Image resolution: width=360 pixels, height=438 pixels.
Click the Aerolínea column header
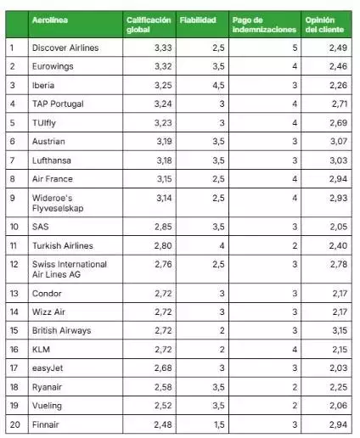coord(50,20)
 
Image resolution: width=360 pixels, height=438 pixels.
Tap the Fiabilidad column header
coord(198,20)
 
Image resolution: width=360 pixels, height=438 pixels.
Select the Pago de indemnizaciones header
coord(264,25)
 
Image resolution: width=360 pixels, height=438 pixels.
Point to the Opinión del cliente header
coord(324,25)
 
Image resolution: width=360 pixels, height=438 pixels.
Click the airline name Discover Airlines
coord(65,48)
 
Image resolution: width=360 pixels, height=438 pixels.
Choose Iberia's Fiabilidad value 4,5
coord(218,85)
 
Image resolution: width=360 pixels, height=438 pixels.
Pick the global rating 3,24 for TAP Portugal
coord(163,104)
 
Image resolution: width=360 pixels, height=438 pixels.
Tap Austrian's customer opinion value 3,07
coord(339,141)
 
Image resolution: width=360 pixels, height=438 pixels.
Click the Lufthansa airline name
coord(52,160)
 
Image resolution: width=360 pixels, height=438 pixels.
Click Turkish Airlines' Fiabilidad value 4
coord(222,245)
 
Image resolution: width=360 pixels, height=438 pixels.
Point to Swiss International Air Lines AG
coord(70,269)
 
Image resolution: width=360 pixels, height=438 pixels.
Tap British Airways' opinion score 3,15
coord(340,330)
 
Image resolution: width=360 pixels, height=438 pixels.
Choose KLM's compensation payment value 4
coord(295,350)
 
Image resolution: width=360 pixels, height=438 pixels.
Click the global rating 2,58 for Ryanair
coord(163,387)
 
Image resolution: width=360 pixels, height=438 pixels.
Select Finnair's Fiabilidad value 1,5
coord(219,424)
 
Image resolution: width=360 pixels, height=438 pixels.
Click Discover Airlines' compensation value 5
coord(295,48)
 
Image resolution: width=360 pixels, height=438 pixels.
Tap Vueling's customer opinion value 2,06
coord(339,406)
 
